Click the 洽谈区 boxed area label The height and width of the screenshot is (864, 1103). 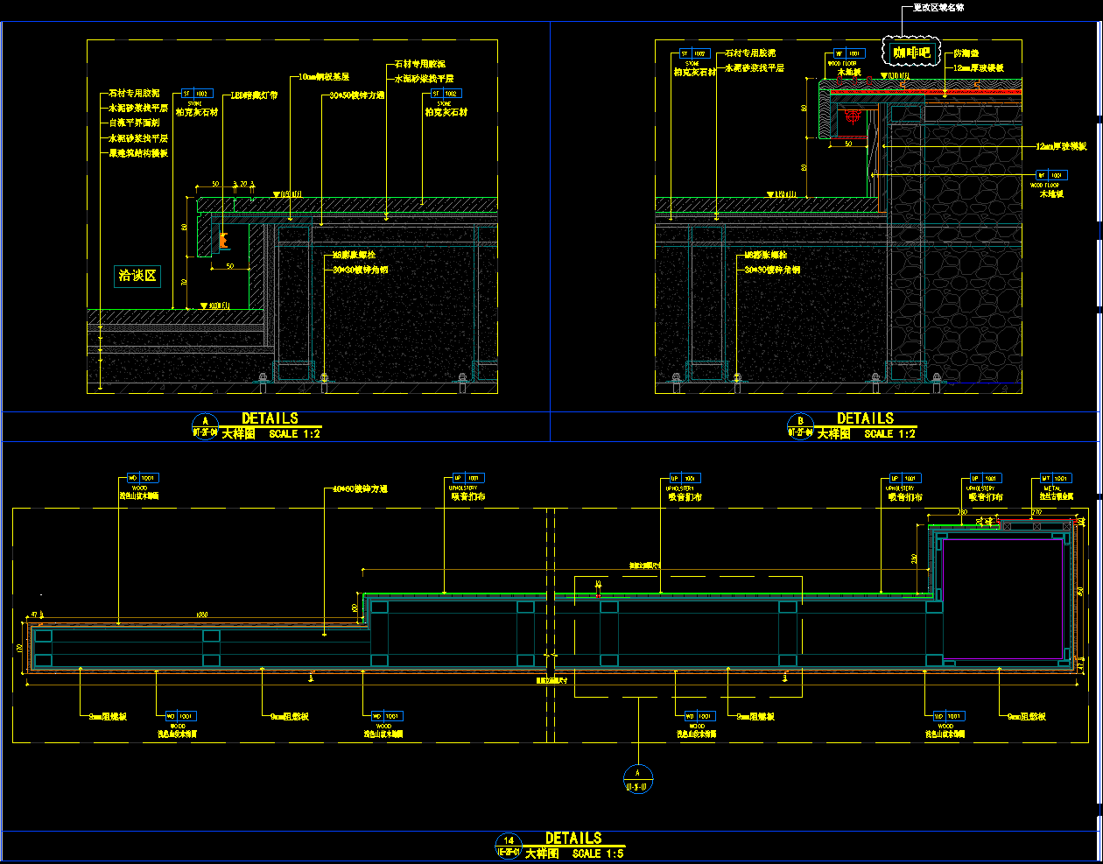[x=137, y=276]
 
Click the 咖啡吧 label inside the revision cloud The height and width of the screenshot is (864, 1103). [x=910, y=53]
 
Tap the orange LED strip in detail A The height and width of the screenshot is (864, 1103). [x=224, y=238]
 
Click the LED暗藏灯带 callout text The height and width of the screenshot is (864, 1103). [x=254, y=95]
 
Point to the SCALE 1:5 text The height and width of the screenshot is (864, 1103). [x=598, y=853]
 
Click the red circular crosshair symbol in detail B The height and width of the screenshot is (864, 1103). [x=854, y=116]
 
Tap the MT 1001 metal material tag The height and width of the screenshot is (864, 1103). [x=1056, y=479]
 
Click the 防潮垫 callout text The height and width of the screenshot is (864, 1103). [x=966, y=54]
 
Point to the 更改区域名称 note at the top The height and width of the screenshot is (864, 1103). [x=938, y=8]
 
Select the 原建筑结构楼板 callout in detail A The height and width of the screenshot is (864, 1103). [x=138, y=153]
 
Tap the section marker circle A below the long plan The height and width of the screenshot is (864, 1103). [x=637, y=778]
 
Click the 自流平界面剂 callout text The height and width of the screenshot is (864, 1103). [x=134, y=123]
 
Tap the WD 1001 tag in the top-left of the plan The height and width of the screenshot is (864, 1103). [x=142, y=479]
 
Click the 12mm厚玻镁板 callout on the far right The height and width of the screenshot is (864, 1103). [x=1061, y=147]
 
